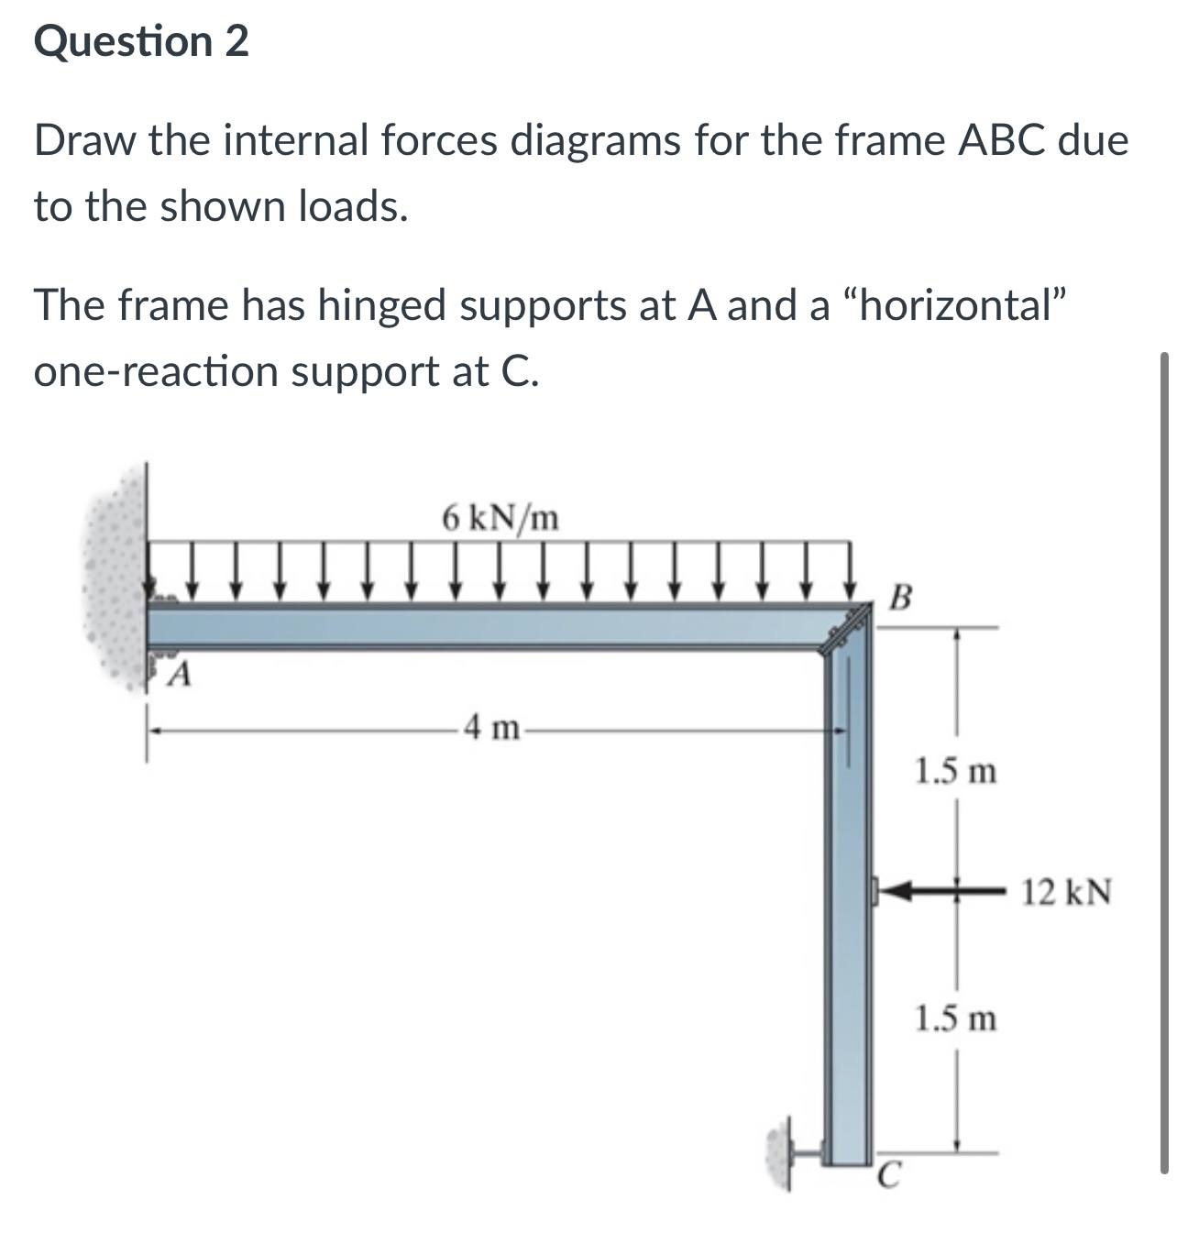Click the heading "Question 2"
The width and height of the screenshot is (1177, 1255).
pyautogui.click(x=141, y=42)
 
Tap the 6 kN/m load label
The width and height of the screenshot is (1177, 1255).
pyautogui.click(x=500, y=519)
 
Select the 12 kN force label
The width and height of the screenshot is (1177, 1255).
pyautogui.click(x=1067, y=891)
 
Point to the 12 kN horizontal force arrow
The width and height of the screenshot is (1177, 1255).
pyautogui.click(x=935, y=888)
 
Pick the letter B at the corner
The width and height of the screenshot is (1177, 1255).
pyautogui.click(x=901, y=600)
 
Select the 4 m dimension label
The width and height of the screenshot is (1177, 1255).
pyautogui.click(x=491, y=730)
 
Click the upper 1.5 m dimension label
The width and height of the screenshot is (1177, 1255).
pyautogui.click(x=956, y=772)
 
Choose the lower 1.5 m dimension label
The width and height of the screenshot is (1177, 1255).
pyautogui.click(x=956, y=1018)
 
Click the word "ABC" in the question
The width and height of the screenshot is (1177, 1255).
pyautogui.click(x=1000, y=141)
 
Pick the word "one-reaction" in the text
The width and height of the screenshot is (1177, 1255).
pyautogui.click(x=156, y=371)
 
